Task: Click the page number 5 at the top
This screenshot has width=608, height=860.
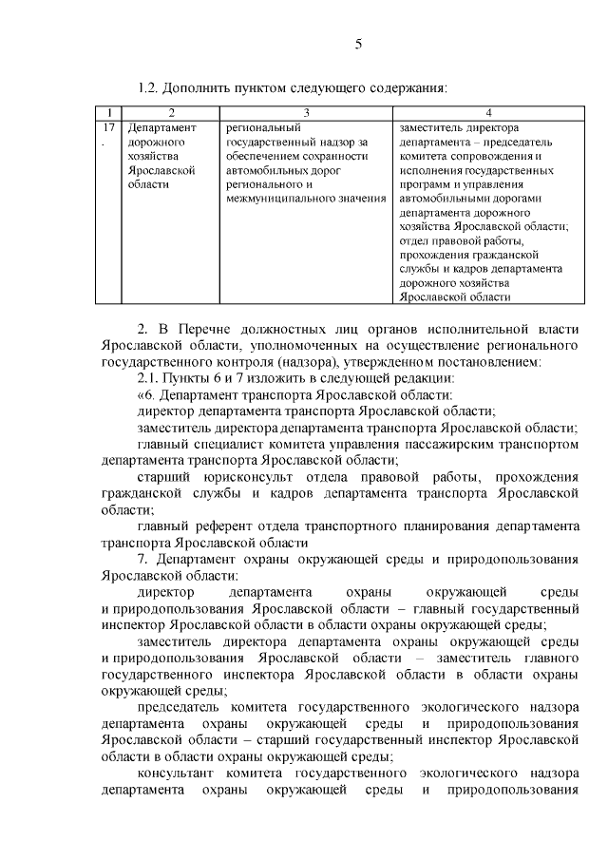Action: (358, 44)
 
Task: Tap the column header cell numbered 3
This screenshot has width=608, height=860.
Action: (306, 113)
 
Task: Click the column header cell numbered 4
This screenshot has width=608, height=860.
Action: (488, 113)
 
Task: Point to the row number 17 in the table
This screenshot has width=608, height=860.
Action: (108, 126)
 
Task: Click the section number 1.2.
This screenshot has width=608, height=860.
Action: (148, 88)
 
